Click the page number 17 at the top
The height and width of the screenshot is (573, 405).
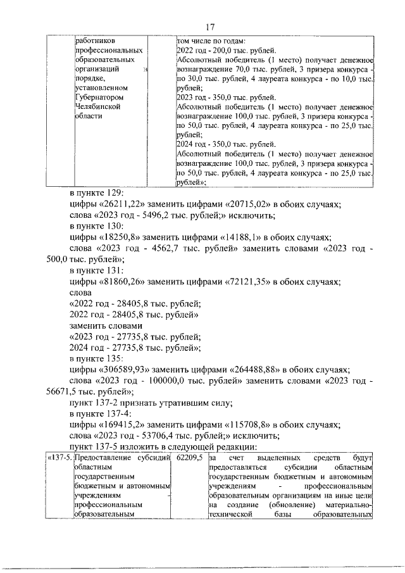[x=211, y=26]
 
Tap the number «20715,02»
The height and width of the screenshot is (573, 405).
[x=249, y=205]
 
